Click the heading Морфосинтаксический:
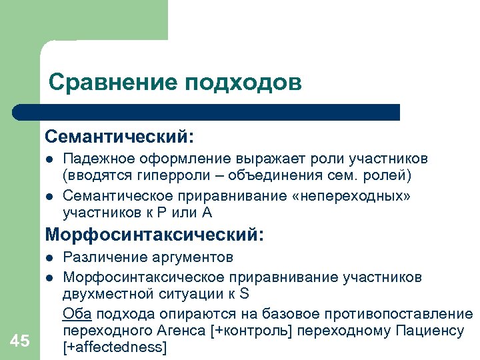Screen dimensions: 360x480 (x=155, y=235)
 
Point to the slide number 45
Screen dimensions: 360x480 (x=21, y=341)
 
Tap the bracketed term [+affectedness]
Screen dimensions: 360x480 (x=114, y=347)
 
